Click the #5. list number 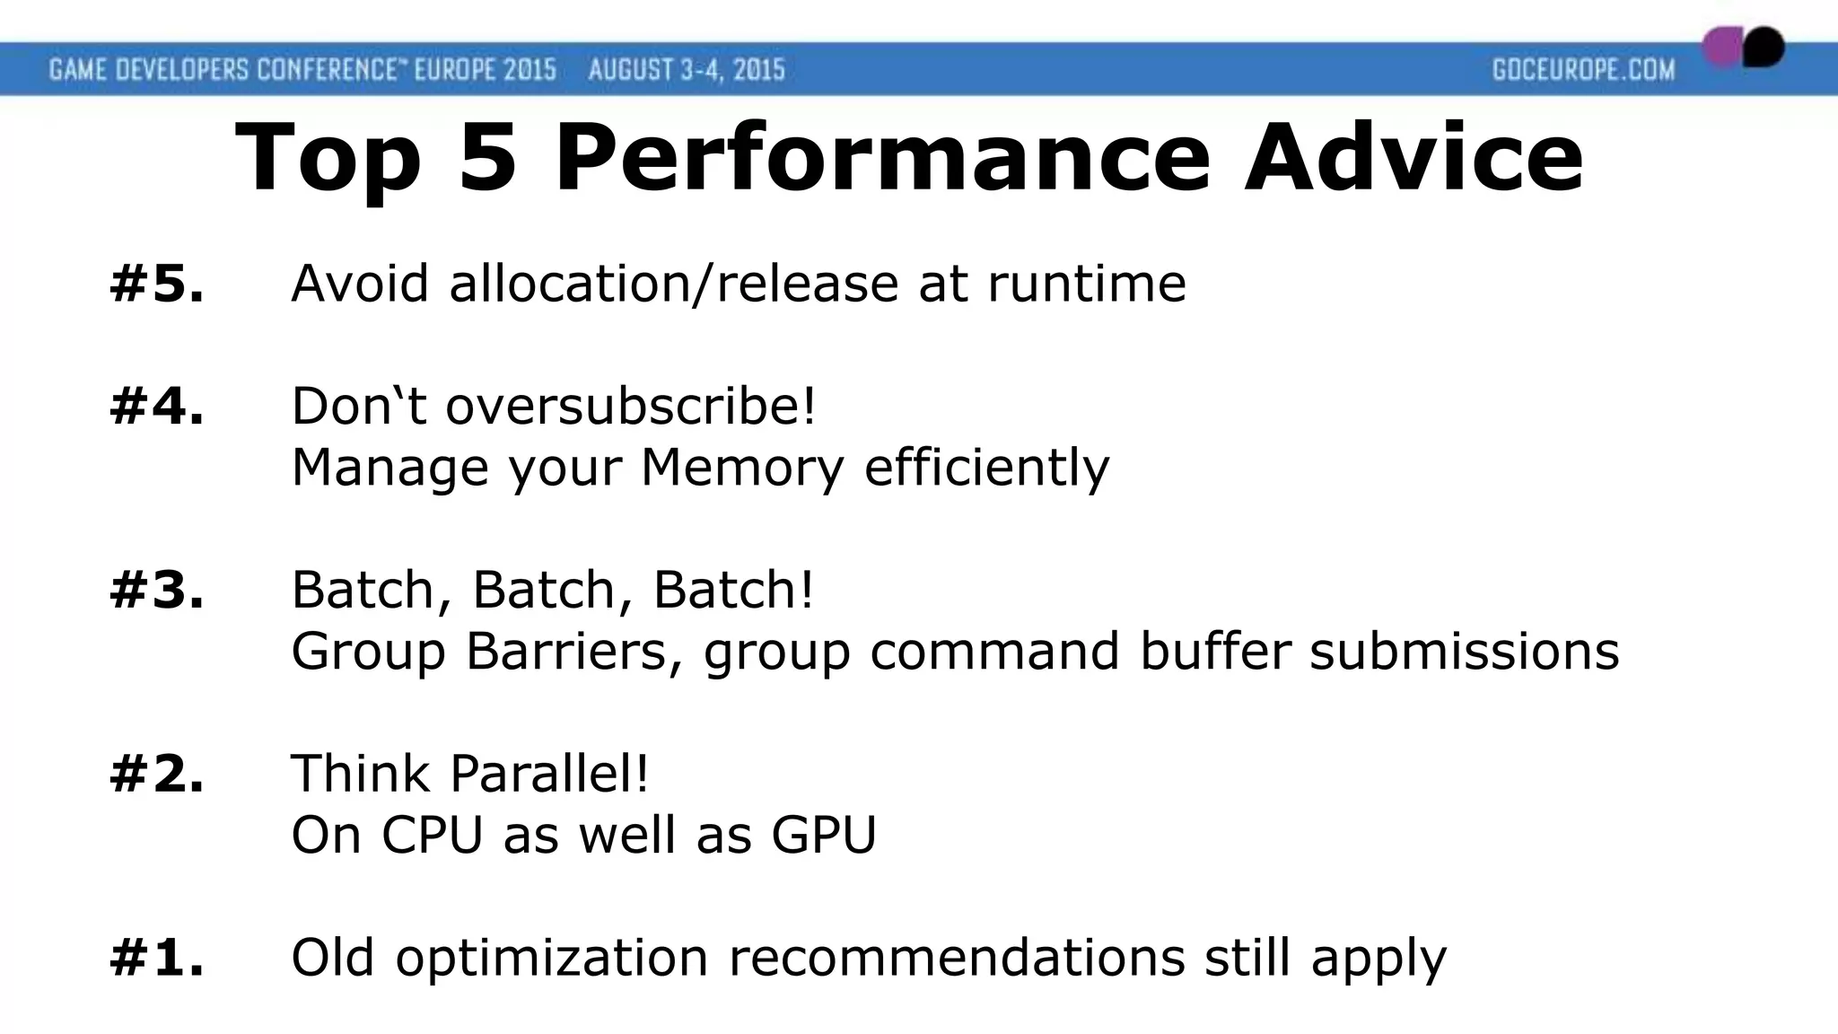click(157, 285)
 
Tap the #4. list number click(157, 407)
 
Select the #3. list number click(157, 591)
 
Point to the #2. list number click(157, 774)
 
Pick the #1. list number click(157, 958)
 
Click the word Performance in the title click(883, 159)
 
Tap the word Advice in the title click(1414, 159)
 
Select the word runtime click(1087, 285)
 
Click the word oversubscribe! click(632, 407)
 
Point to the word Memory click(742, 468)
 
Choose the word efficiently click(986, 468)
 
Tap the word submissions click(1464, 652)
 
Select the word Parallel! click(548, 774)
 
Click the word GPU click(823, 835)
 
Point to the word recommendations click(957, 958)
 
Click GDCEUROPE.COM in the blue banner click(1583, 70)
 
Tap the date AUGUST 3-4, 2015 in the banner click(687, 70)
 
